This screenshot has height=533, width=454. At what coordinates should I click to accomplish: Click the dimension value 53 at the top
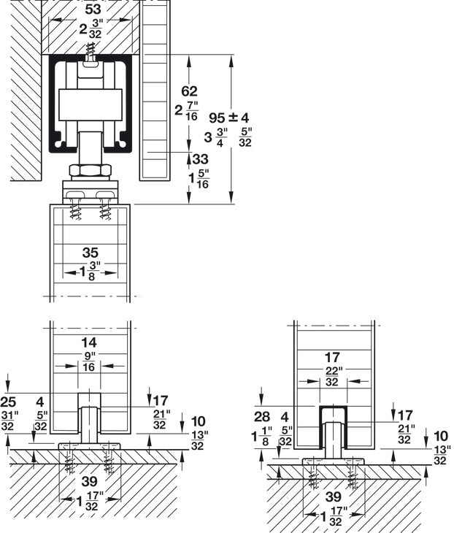(x=93, y=9)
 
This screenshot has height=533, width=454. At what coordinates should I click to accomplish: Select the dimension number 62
(x=189, y=91)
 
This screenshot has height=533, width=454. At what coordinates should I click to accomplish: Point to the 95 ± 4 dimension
(x=229, y=118)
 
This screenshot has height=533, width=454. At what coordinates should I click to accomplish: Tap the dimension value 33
(x=200, y=158)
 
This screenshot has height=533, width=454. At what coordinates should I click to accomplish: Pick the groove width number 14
(x=89, y=342)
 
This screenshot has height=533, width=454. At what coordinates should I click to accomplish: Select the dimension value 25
(x=8, y=402)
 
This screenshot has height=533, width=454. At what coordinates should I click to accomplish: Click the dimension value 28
(x=261, y=416)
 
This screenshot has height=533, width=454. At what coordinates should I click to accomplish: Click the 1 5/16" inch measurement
(x=199, y=179)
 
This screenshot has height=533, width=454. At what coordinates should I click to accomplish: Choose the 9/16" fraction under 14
(x=88, y=362)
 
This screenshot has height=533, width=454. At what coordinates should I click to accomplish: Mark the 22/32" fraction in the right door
(x=332, y=376)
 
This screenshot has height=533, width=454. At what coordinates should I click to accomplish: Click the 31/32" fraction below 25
(x=8, y=421)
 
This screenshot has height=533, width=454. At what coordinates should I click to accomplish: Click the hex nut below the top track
(x=90, y=170)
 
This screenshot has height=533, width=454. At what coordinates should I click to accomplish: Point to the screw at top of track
(x=90, y=52)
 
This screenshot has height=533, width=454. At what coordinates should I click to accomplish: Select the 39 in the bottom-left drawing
(x=90, y=481)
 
